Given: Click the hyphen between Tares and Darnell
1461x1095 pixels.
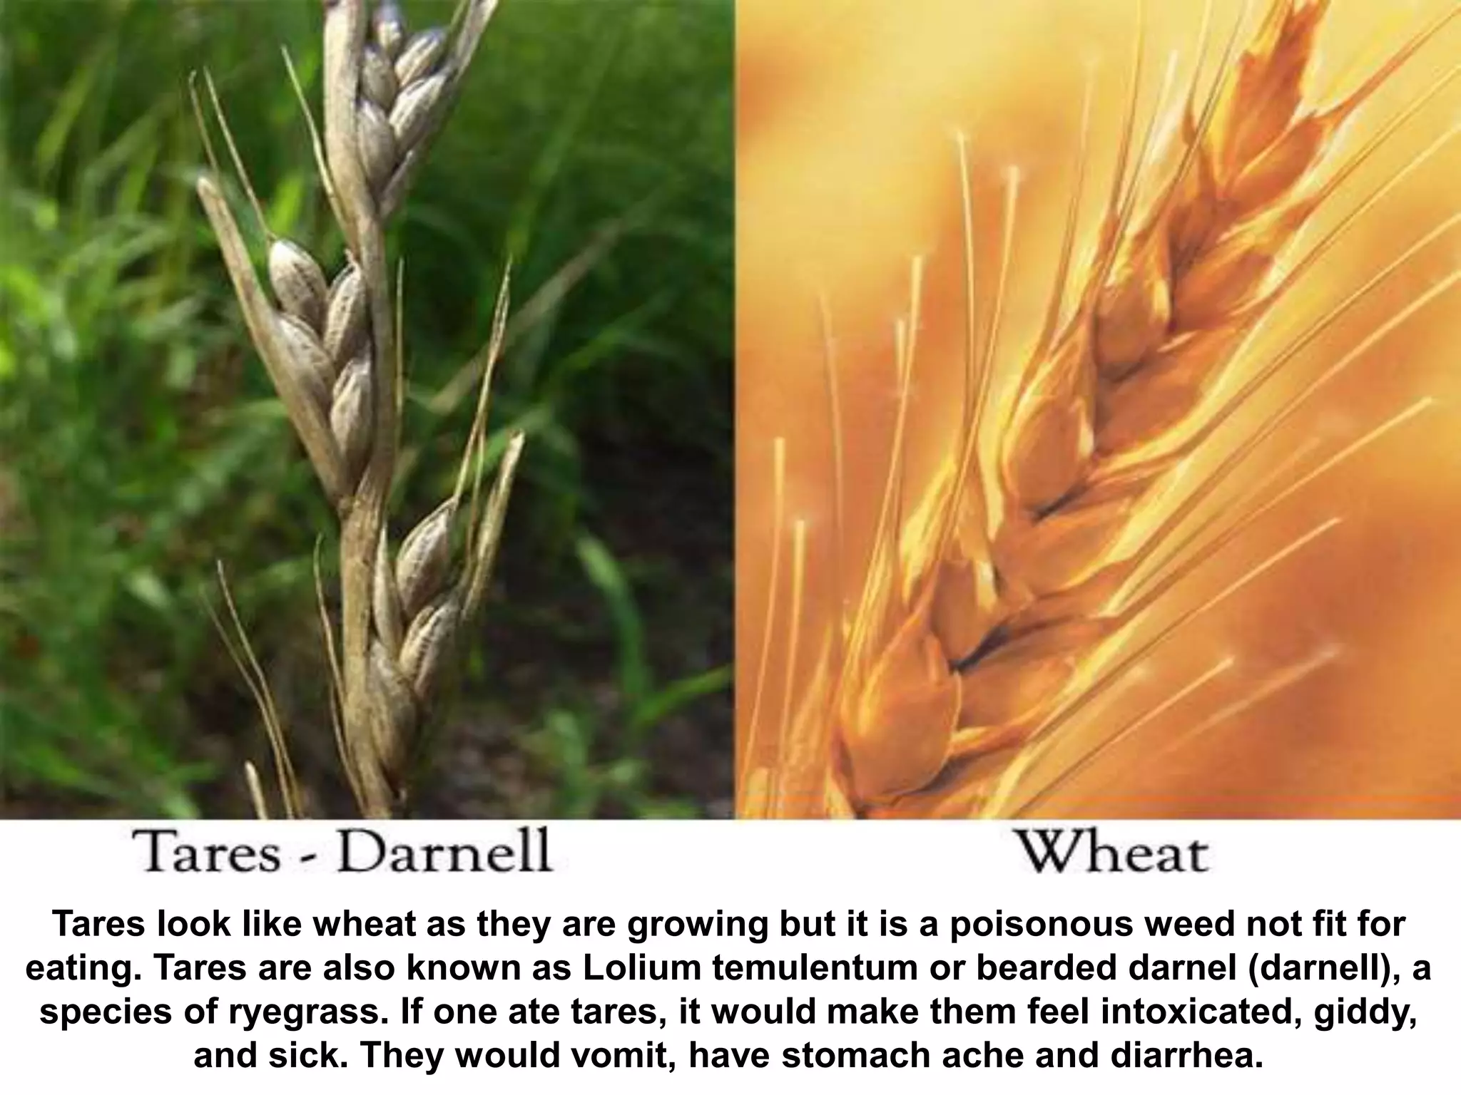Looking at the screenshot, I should [308, 854].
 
